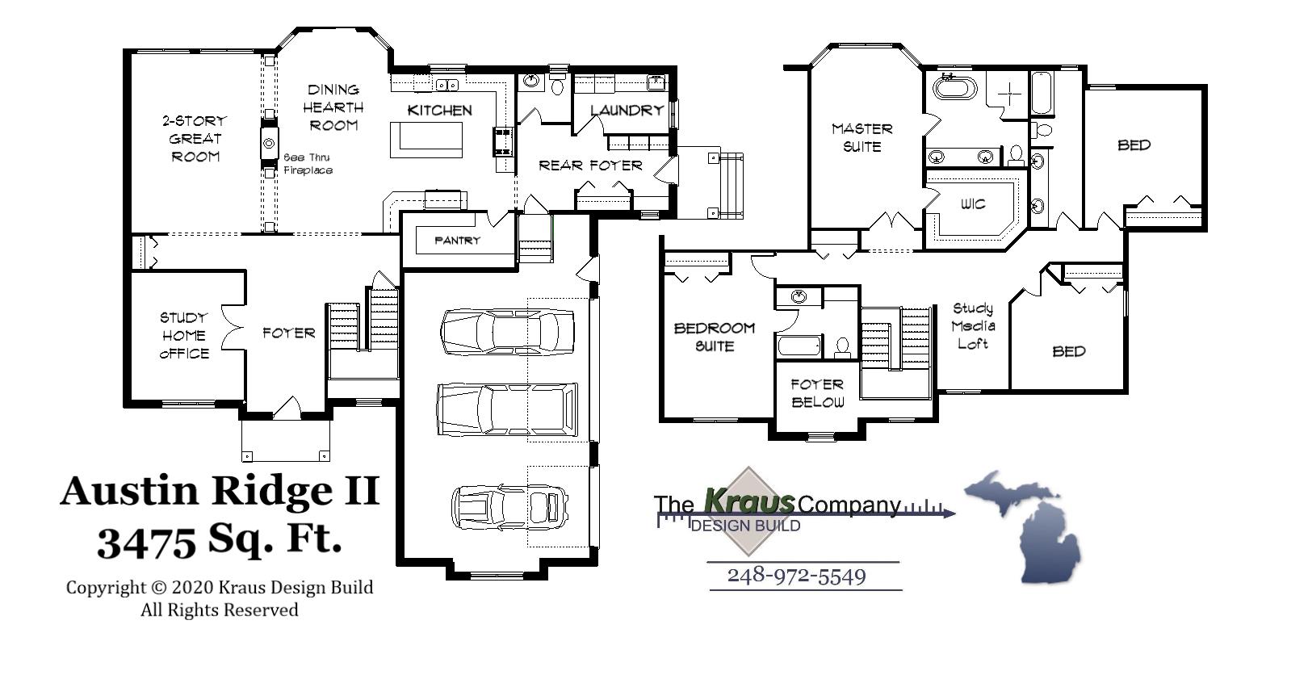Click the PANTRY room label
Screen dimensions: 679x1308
click(457, 241)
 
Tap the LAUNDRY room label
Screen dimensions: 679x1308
click(626, 111)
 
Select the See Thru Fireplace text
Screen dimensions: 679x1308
click(308, 164)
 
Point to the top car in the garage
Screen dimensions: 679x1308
click(508, 332)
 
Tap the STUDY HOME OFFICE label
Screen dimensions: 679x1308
click(184, 335)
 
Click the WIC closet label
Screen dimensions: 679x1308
click(973, 204)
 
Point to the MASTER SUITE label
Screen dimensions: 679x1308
click(862, 137)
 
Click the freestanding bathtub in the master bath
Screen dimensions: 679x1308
click(954, 86)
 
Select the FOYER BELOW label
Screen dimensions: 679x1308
click(817, 393)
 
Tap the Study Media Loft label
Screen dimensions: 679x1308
click(973, 325)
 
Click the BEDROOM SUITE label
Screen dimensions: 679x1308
click(715, 337)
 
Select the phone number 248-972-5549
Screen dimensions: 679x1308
click(796, 576)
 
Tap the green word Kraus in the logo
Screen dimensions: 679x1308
click(748, 501)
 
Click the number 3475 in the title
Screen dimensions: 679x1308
click(146, 543)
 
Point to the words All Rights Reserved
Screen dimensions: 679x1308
click(220, 610)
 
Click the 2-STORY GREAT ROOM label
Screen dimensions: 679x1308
click(195, 138)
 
